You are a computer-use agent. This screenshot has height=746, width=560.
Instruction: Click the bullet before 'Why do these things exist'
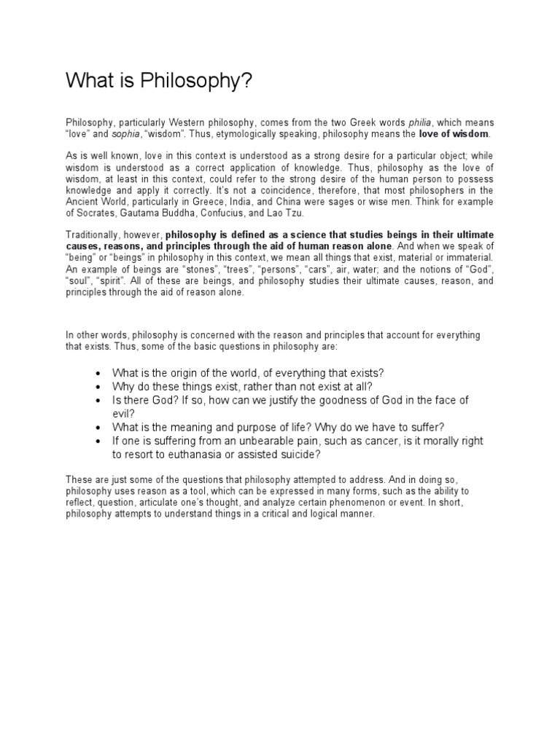coord(98,387)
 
